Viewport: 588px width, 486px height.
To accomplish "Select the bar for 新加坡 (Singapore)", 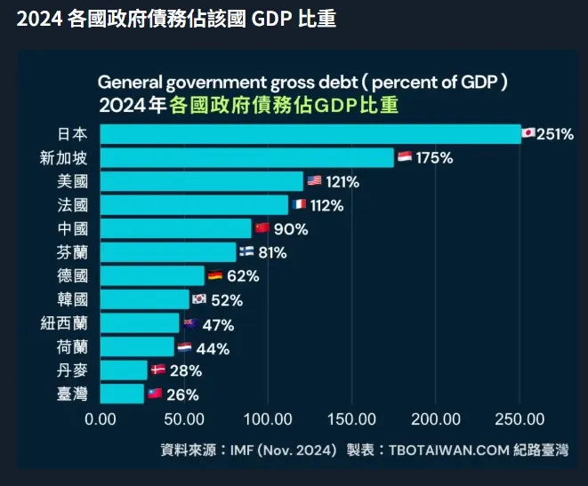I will pos(246,158).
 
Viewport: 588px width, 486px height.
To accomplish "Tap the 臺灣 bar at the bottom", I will pos(122,394).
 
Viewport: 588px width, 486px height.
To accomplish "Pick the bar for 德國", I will pos(152,275).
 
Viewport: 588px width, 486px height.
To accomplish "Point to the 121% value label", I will pos(342,182).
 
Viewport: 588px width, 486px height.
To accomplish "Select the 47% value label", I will pos(217,324).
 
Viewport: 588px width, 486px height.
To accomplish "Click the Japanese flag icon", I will pos(528,134).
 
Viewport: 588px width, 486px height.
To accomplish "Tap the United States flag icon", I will pos(314,181).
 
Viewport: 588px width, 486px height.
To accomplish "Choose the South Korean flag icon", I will pos(199,299).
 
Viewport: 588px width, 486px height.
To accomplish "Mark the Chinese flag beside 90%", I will pos(262,228).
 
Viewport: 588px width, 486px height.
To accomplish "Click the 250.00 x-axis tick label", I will pos(520,419).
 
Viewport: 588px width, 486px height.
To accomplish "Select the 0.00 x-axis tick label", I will pos(101,419).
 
